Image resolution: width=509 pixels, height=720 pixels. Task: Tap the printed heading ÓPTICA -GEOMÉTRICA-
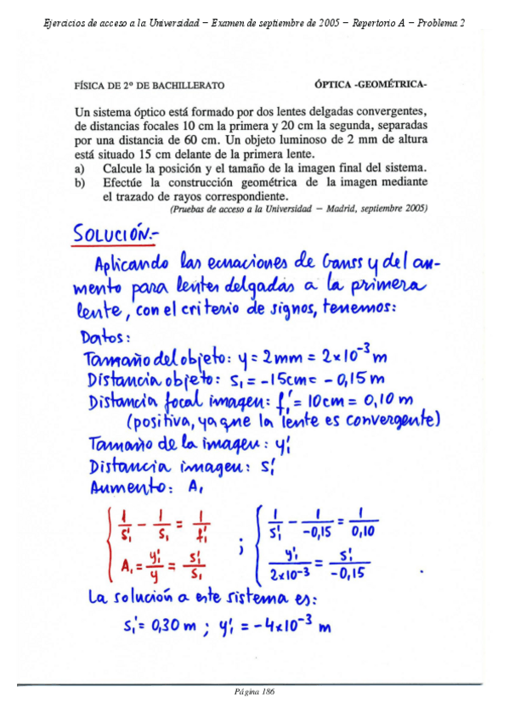tap(370, 85)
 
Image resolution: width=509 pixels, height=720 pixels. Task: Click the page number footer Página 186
tap(254, 692)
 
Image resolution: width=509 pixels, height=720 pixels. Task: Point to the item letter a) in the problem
tap(81, 169)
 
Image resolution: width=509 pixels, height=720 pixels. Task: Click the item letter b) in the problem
tap(81, 183)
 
